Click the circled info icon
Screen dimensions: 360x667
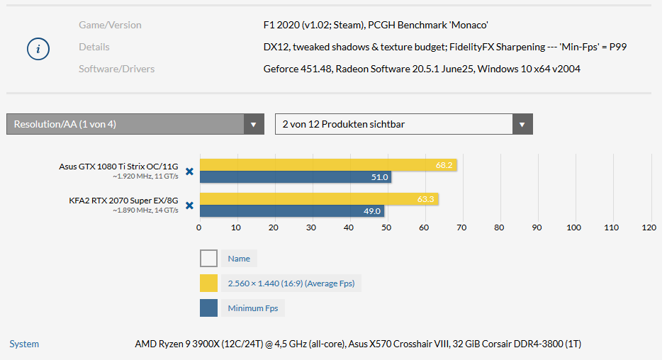[38, 49]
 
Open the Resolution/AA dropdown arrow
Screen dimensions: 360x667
[253, 125]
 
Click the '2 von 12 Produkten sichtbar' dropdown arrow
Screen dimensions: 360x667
[522, 125]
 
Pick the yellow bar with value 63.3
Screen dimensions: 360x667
[318, 199]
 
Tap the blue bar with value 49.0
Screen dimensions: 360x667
[291, 210]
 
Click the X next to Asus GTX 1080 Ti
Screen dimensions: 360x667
[189, 171]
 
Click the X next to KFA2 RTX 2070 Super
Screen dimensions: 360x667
[189, 206]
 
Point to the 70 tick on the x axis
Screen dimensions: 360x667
[461, 227]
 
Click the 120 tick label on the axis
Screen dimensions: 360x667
[649, 227]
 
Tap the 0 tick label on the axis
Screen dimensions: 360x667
[198, 227]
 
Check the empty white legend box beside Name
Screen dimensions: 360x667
[209, 259]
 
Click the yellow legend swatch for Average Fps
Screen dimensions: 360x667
[209, 283]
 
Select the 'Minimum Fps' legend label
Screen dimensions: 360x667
[253, 308]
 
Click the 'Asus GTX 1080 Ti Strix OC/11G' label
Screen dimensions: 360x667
[119, 167]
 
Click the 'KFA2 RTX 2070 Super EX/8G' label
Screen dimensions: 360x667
[123, 201]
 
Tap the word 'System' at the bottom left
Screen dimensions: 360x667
[24, 344]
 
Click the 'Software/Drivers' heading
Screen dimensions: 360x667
[116, 69]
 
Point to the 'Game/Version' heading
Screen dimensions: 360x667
[110, 25]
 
